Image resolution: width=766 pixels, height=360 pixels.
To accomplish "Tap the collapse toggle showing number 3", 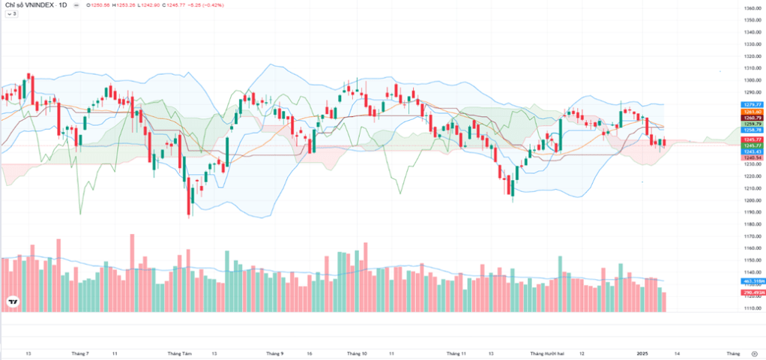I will point(12,13).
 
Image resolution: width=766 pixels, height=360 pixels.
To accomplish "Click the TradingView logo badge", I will point(13,302).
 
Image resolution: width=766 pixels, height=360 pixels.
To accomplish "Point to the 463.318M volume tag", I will point(752,280).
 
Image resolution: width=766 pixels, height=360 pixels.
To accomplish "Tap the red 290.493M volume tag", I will point(752,292).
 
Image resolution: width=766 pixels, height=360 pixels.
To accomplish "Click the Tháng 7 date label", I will point(80,352).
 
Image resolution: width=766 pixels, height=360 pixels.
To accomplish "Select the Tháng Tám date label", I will point(180,352).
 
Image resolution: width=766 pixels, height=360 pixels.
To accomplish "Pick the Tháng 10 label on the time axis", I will point(357,352).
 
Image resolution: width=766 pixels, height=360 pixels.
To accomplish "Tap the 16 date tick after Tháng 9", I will point(309,352).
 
